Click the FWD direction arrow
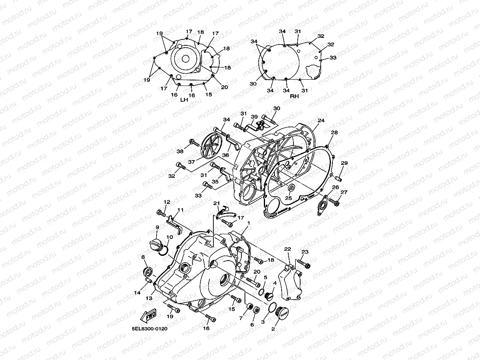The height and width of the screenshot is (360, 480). tap(148, 316)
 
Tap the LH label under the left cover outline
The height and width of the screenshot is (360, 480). tap(184, 100)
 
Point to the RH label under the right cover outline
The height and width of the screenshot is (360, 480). tap(294, 96)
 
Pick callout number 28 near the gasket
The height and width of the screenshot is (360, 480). tap(334, 133)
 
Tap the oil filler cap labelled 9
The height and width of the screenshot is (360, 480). tap(156, 242)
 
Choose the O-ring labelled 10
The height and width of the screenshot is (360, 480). tap(164, 251)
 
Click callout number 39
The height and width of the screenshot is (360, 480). tap(254, 117)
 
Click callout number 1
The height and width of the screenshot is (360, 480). tap(248, 223)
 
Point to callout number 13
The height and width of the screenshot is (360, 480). tap(149, 298)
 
